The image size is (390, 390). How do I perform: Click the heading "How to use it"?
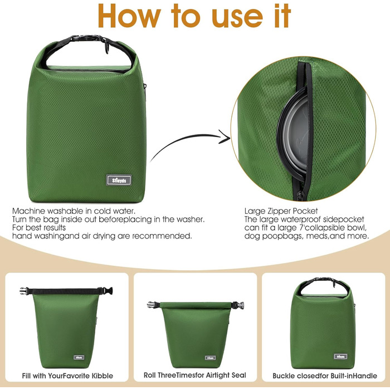coord(194,16)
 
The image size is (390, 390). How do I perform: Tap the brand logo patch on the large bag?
coord(119,180)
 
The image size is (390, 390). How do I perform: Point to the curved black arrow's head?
coord(225,136)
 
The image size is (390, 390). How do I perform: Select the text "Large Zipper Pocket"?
coord(281,211)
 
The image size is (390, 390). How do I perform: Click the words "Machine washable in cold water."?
coord(74,211)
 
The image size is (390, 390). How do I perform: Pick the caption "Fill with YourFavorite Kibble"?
coord(67,376)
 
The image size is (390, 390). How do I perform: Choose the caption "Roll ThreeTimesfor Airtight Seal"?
coord(195,375)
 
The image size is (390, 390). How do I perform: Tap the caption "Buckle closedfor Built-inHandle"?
coord(325,376)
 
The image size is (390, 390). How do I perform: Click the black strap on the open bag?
coord(65,291)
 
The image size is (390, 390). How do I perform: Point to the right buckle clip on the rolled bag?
coord(238,305)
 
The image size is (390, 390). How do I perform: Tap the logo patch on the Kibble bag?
coord(79,358)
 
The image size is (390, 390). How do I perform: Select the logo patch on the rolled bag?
coord(210,358)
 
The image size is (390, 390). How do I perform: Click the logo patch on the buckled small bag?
coord(340,357)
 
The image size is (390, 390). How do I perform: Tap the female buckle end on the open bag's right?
coord(108,291)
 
